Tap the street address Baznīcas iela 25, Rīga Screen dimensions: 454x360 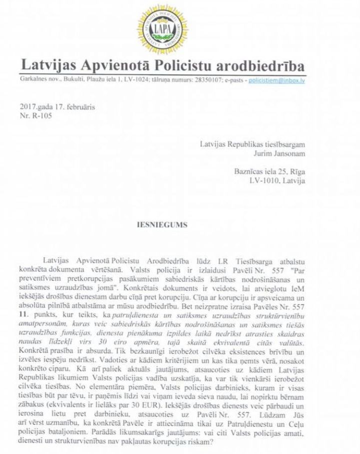click(270, 171)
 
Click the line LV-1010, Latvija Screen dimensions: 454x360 click(276, 180)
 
